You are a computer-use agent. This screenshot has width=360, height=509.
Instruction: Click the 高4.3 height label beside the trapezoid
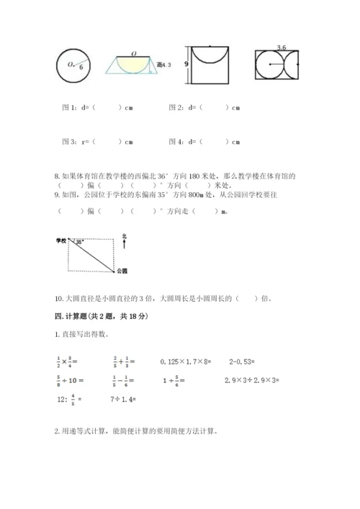pyautogui.click(x=165, y=66)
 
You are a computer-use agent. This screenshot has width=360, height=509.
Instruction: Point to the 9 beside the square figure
pyautogui.click(x=186, y=64)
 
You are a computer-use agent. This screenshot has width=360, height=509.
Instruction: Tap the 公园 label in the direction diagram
pyautogui.click(x=121, y=271)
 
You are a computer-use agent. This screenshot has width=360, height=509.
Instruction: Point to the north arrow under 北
pyautogui.click(x=125, y=245)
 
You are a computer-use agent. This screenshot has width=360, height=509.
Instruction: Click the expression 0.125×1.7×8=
pyautogui.click(x=186, y=360)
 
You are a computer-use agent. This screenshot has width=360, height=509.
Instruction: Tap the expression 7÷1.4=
pyautogui.click(x=125, y=398)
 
